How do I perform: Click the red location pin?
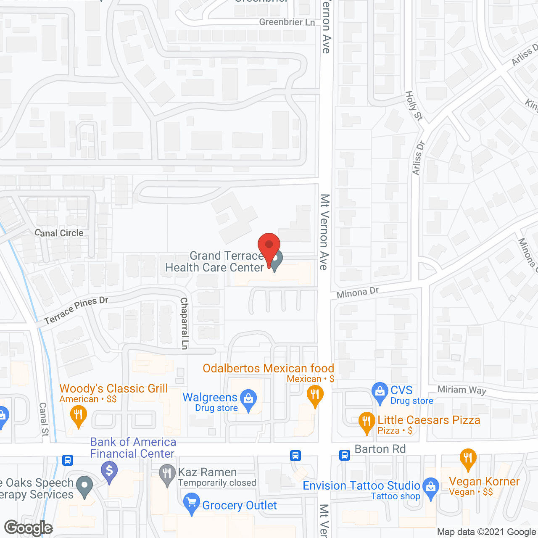pos(269,246)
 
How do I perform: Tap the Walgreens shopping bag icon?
pos(248,398)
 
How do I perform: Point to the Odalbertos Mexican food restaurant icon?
pos(315,395)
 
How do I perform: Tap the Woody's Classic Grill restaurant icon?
pos(78,414)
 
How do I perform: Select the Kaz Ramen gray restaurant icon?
pos(167,474)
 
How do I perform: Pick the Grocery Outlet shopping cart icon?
pos(192,502)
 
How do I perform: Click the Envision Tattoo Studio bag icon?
pos(431,487)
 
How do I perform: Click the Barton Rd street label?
pos(380,449)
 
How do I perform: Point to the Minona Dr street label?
pos(358,293)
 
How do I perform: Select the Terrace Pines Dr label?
pos(76,310)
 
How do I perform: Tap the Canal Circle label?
pos(59,233)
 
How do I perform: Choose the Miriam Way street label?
pos(462,390)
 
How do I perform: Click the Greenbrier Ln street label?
pos(287,22)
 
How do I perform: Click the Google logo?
pos(28,528)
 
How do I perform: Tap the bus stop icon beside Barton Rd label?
pos(345,455)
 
